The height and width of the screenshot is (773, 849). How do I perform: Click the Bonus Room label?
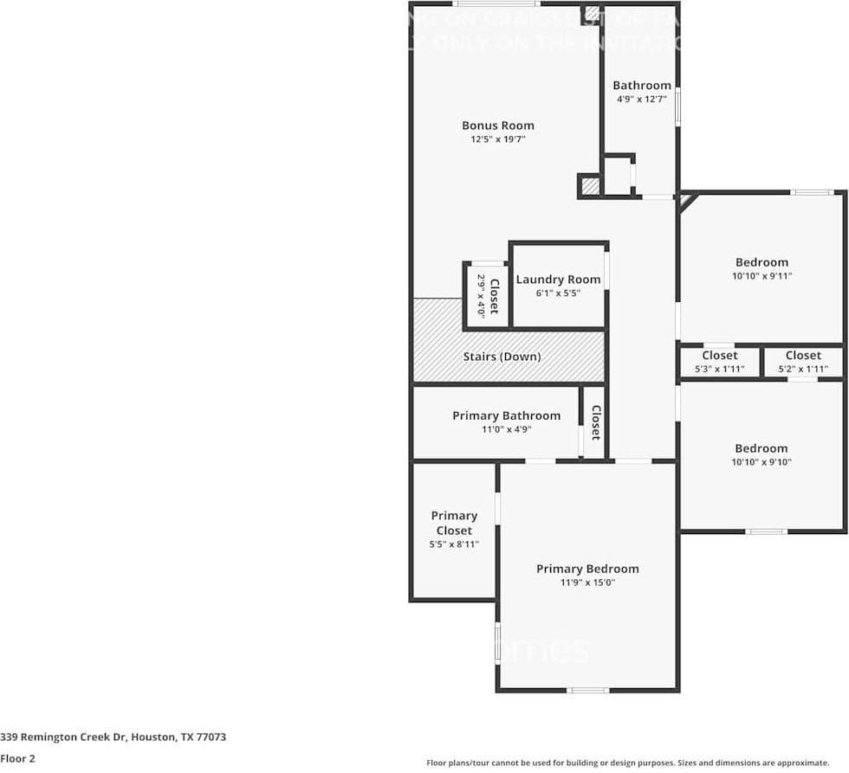[x=497, y=126]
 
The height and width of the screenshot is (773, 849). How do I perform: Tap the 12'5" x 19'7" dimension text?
[x=497, y=138]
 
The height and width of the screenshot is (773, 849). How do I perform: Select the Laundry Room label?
[x=558, y=280]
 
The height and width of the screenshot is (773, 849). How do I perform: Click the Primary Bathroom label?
[x=506, y=416]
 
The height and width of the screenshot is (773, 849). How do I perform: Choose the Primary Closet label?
[x=454, y=523]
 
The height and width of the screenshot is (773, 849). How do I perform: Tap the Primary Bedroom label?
[x=587, y=569]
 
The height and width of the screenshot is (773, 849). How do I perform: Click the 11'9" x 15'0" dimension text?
[x=587, y=583]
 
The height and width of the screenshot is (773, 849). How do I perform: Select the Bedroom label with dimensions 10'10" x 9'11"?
[x=762, y=262]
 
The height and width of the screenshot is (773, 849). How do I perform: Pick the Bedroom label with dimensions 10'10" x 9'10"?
[x=762, y=448]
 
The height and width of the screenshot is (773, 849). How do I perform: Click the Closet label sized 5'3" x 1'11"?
[x=719, y=356]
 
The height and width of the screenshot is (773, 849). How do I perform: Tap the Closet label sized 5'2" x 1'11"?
[x=803, y=356]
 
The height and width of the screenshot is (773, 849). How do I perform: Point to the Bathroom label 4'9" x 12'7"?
[x=641, y=86]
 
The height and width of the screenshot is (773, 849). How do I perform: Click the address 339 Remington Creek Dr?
[x=113, y=738]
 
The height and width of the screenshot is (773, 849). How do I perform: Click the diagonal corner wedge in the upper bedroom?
[x=686, y=201]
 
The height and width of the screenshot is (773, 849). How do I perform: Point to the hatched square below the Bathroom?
[x=589, y=185]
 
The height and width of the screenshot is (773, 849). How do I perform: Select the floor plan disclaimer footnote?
[x=627, y=763]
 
